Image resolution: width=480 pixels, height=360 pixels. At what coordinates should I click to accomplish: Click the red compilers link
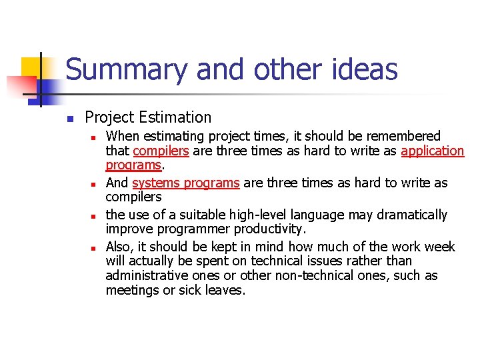click(x=161, y=151)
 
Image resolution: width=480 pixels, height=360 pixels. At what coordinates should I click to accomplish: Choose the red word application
click(x=433, y=151)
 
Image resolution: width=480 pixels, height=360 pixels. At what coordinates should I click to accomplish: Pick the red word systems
click(x=154, y=183)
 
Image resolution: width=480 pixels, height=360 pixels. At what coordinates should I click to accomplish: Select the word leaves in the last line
click(x=225, y=291)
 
